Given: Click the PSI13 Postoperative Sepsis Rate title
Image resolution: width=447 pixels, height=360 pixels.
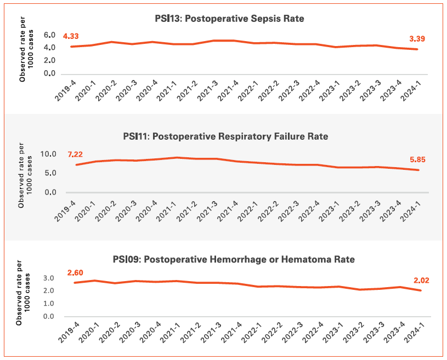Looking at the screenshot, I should point(229,19).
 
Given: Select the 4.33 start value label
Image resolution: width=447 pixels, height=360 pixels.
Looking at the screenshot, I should point(72,36).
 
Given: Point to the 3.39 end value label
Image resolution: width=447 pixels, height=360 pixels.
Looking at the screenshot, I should point(417,39).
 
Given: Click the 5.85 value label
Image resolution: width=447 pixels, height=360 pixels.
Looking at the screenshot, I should point(417,160).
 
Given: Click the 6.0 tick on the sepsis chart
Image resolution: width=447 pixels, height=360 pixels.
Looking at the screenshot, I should point(50,35).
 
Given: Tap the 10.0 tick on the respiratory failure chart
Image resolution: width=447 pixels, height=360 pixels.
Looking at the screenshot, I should point(49,154).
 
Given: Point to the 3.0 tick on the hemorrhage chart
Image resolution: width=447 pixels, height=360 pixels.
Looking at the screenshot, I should point(50,278).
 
